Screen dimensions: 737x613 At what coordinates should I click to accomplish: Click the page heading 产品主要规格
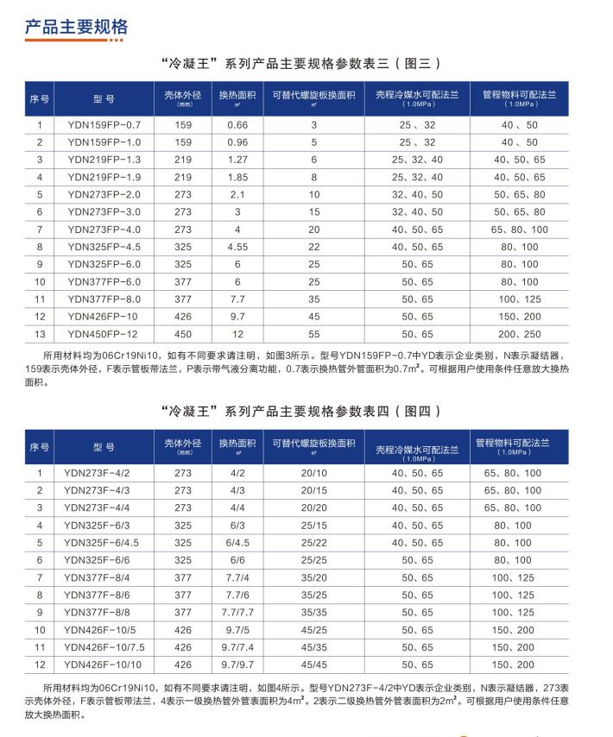(76, 27)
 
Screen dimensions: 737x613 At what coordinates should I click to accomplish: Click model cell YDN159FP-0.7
(104, 125)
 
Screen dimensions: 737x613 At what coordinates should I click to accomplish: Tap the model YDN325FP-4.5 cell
(104, 247)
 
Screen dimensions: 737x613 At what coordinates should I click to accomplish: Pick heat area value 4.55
(237, 247)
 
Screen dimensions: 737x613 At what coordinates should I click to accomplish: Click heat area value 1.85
(237, 177)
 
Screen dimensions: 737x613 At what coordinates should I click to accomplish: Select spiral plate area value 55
(315, 333)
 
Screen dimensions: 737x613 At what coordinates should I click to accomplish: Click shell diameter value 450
(184, 333)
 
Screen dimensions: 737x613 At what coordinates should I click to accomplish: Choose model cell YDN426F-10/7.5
(102, 646)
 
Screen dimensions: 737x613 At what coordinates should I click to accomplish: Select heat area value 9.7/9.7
(237, 664)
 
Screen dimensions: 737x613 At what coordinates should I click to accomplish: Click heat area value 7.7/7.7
(237, 612)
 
